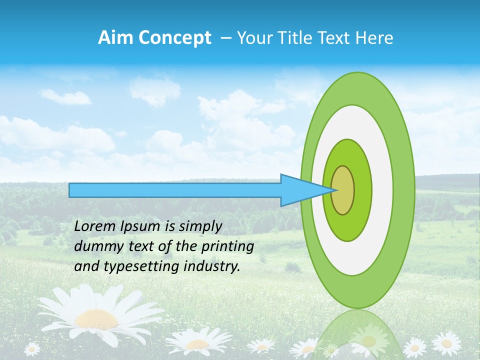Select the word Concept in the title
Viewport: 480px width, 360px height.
click(174, 38)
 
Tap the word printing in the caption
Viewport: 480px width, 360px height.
click(227, 246)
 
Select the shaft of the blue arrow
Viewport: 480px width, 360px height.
click(175, 190)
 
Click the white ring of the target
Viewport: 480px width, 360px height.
click(382, 190)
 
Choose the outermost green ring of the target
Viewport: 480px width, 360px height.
click(405, 190)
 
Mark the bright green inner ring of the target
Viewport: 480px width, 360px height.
click(364, 190)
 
